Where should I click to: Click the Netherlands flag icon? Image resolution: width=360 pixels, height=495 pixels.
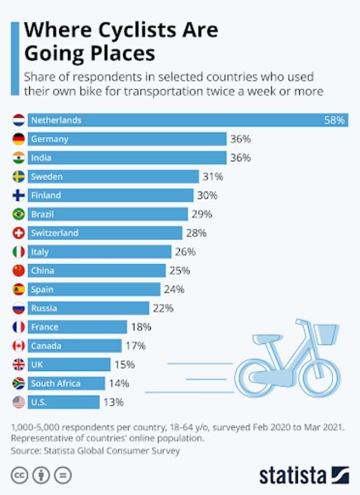tap(19, 120)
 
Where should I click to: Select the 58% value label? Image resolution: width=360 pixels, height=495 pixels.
tap(334, 120)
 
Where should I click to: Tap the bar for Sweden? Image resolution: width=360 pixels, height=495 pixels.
tap(113, 177)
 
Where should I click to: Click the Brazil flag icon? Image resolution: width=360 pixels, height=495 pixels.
tap(19, 214)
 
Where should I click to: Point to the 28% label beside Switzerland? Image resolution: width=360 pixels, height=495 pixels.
tap(197, 233)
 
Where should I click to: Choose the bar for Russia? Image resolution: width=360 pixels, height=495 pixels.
tap(88, 308)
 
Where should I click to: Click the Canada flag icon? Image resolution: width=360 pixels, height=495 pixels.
tap(19, 346)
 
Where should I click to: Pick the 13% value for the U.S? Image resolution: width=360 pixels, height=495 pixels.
tap(113, 403)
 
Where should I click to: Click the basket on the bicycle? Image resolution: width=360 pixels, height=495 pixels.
tap(328, 334)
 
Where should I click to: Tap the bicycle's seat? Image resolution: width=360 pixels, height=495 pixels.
tap(266, 339)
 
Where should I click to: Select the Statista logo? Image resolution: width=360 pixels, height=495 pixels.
tap(304, 475)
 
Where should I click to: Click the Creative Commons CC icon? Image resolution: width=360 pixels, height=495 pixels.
tap(20, 475)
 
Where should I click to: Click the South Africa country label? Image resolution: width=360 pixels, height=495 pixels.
tap(55, 384)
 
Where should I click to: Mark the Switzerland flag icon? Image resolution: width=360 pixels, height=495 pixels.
tap(19, 233)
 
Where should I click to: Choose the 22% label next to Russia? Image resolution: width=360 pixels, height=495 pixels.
tap(163, 308)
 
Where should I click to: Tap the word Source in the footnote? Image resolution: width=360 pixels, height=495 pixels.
tap(26, 450)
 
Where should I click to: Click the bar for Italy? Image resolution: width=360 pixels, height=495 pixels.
tap(100, 252)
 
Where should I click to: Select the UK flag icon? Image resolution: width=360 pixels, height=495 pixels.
tap(19, 365)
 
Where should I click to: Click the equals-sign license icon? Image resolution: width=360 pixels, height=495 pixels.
tap(63, 475)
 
